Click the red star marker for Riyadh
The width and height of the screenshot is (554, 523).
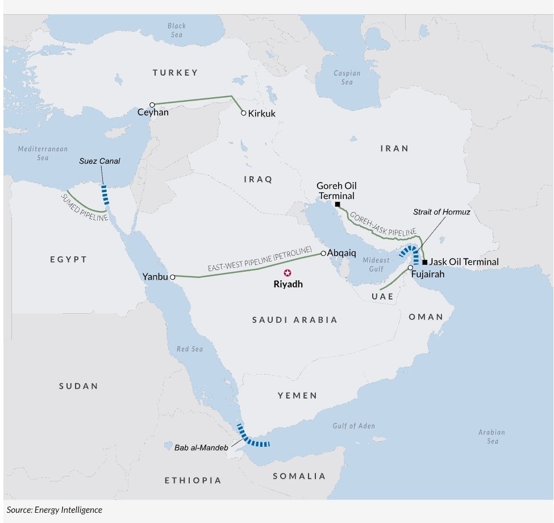point(288,273)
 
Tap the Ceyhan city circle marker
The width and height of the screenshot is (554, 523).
point(152,105)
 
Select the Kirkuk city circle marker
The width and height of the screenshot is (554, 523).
point(244,113)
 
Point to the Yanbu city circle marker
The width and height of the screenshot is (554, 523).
point(172,277)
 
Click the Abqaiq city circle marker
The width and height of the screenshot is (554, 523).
point(323,253)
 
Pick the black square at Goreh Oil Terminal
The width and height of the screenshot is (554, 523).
point(337,204)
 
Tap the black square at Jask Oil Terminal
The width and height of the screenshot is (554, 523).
point(424,262)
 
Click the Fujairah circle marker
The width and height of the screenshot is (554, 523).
point(410,267)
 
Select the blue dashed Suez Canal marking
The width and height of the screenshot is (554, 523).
point(105,194)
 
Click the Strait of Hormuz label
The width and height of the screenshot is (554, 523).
point(441,212)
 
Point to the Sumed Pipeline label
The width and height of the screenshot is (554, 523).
point(85,206)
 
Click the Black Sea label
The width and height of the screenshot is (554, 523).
point(177,30)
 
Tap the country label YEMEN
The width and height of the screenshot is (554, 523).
point(297,395)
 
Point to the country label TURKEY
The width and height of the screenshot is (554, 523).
point(175,72)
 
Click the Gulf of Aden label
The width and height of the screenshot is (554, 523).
point(353,425)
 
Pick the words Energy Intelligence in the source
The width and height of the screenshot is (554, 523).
point(68,510)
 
